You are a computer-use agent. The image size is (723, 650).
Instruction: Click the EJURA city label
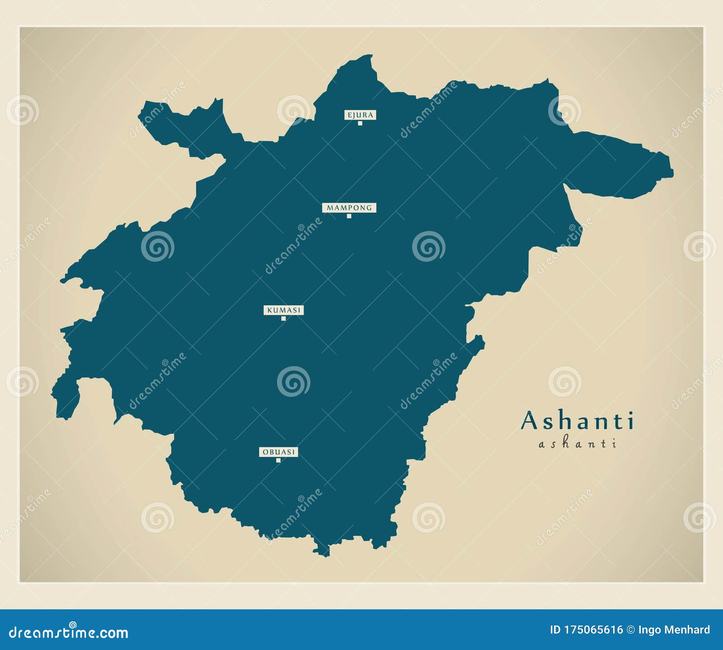click(x=360, y=115)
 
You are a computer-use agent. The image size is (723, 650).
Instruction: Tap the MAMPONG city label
click(x=349, y=208)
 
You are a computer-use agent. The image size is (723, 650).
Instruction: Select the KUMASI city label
click(x=283, y=310)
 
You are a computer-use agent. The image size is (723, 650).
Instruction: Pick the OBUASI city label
click(x=278, y=452)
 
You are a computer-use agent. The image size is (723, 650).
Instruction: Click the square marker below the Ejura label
click(x=360, y=123)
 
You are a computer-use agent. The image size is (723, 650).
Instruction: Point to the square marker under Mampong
click(x=349, y=216)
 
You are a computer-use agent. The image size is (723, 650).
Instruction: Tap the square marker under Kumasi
click(x=284, y=318)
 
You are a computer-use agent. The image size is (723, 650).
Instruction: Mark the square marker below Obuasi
click(x=278, y=460)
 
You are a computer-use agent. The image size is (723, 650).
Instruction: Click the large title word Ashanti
click(x=577, y=421)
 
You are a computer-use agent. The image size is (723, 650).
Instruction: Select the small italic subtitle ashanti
click(x=577, y=444)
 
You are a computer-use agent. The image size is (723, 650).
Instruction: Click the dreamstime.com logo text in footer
click(x=69, y=632)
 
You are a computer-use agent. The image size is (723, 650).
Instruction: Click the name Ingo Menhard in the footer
click(x=674, y=630)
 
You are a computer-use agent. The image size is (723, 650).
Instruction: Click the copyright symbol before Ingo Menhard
click(x=630, y=630)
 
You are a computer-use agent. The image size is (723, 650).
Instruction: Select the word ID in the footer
click(x=555, y=630)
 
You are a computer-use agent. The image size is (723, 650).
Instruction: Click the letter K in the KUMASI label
click(x=269, y=310)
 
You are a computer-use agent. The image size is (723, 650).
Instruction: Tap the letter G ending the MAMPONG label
click(x=369, y=208)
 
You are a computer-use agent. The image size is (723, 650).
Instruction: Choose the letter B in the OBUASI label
click(x=271, y=452)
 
